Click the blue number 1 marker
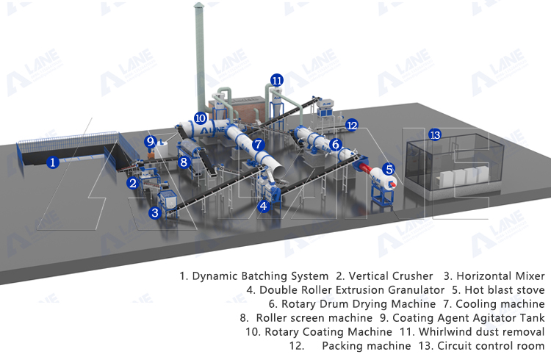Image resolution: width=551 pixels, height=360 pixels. (x=52, y=162)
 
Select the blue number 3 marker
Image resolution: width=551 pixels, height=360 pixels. (x=154, y=213)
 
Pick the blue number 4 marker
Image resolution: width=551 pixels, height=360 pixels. (x=263, y=207)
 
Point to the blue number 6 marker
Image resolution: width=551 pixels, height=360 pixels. (x=335, y=145)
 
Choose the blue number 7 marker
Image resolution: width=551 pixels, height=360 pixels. (x=258, y=145)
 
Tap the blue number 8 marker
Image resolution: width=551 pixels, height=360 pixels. (x=184, y=162)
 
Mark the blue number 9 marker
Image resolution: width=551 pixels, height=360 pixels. (x=151, y=141)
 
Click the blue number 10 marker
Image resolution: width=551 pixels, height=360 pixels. (x=201, y=118)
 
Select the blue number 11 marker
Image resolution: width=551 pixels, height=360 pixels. (x=276, y=80)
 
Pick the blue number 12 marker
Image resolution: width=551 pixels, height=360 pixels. (x=352, y=125)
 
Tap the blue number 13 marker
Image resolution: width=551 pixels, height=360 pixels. (x=435, y=135)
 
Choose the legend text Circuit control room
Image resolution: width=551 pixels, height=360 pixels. (x=490, y=345)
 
